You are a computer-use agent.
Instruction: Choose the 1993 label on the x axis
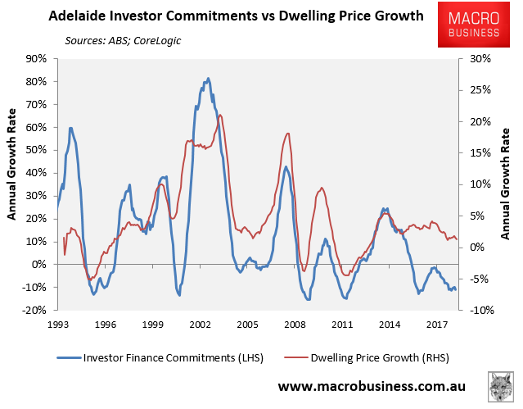(x=58, y=325)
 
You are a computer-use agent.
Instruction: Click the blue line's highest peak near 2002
(x=208, y=79)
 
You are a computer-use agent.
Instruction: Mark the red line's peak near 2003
(x=219, y=115)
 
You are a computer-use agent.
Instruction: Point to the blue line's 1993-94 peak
(x=71, y=128)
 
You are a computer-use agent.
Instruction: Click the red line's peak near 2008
(x=287, y=134)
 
